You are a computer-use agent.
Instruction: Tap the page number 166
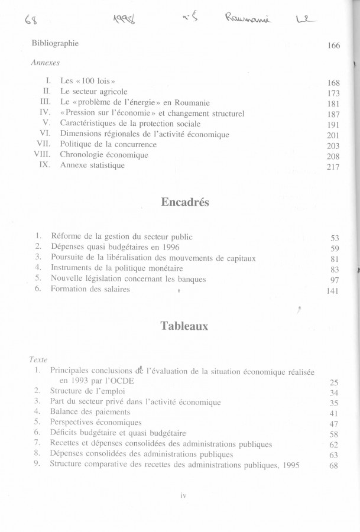pos(333,46)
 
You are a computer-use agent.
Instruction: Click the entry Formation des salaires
pos(90,289)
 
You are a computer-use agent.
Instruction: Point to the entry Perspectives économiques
pos(96,422)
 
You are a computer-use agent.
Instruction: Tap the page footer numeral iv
pos(183,495)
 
